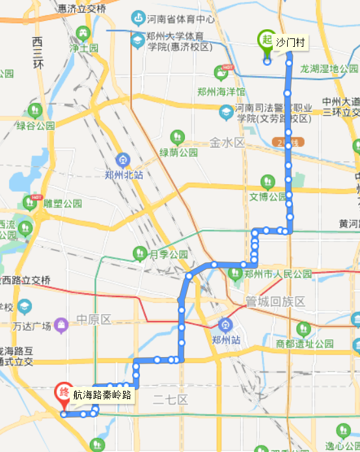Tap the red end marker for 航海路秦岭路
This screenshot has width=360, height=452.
[64, 393]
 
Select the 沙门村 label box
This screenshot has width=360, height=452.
[290, 42]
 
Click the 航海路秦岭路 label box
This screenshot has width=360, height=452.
[102, 395]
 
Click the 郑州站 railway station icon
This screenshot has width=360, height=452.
[225, 323]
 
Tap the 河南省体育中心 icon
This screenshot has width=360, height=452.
[138, 18]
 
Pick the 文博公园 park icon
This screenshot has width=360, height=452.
[267, 181]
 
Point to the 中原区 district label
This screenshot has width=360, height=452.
[94, 319]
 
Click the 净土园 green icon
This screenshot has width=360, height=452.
[83, 33]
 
